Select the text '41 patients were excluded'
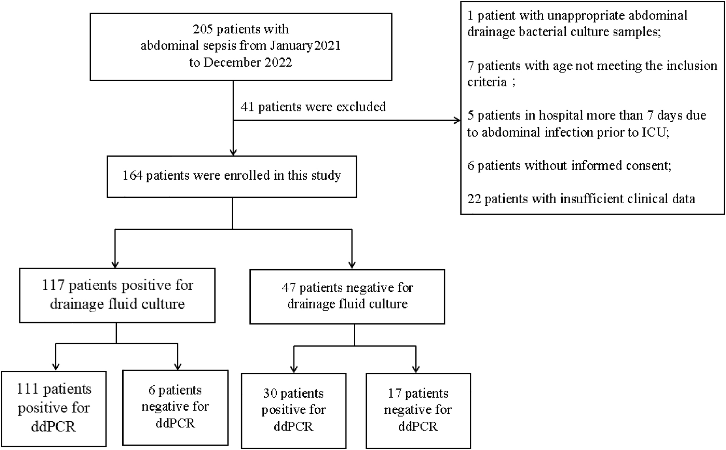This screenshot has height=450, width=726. [313, 107]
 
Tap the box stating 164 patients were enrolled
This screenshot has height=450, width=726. [231, 176]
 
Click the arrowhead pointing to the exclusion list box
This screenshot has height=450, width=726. [457, 120]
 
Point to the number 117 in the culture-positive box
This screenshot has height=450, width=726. [53, 285]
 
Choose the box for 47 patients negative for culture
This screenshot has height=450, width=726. [347, 296]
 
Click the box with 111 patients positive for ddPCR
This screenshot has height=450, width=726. [54, 408]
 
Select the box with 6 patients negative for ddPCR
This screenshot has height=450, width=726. [175, 407]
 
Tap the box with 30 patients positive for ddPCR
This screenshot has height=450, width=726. [294, 410]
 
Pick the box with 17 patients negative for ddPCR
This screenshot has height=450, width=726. [418, 410]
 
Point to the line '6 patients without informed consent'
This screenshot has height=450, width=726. [569, 165]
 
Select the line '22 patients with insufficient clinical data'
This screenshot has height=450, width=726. [581, 199]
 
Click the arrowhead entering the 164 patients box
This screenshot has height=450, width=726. [233, 152]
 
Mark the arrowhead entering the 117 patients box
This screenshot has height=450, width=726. [115, 265]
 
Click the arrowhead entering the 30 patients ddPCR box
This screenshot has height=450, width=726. [294, 369]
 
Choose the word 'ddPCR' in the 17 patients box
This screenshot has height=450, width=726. [418, 426]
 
